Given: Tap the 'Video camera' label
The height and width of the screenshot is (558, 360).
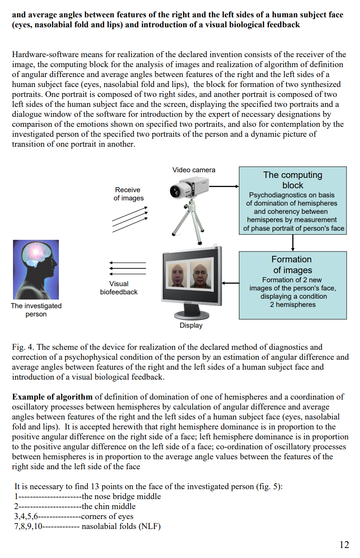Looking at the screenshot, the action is pos(194,170).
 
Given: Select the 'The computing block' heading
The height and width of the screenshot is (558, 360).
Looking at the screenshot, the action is pos(293,180).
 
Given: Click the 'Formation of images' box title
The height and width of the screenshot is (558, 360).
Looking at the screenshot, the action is pos(292,264).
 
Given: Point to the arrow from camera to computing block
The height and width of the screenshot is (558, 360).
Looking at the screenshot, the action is pos(224,186).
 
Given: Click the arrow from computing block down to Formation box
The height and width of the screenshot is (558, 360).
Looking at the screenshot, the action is pos(293,243).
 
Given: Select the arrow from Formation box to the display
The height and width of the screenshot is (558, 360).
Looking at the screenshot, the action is pos(231,283).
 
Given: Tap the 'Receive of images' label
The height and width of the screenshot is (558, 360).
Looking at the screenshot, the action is pos(129,194).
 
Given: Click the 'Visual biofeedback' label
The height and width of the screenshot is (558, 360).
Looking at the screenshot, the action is pos(119,288).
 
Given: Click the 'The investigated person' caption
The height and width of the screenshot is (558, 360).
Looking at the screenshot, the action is pos(36,310).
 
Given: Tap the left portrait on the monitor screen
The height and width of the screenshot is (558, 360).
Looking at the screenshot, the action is pos(178,275).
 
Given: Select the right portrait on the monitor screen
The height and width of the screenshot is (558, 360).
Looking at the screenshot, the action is pos(200,275).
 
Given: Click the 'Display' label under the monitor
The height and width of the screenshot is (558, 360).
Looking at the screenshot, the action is pos(191,326).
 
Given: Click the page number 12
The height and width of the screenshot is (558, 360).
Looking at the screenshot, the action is pos(344,545).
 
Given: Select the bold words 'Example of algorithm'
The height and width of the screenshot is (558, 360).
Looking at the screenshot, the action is pos(52,397).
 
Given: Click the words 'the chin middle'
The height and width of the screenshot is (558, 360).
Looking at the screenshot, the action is pos(109,506).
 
